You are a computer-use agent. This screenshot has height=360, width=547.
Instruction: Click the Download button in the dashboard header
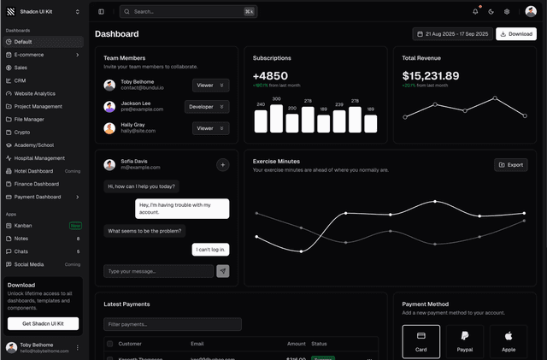tap(516, 34)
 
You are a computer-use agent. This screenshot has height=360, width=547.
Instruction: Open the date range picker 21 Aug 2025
tap(452, 34)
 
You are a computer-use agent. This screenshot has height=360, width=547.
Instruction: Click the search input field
tap(188, 12)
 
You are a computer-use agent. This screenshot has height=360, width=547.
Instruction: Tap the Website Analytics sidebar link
tap(35, 93)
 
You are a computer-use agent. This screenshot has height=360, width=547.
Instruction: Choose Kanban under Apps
tap(23, 226)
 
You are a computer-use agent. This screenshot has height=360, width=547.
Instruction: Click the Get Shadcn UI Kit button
tap(43, 323)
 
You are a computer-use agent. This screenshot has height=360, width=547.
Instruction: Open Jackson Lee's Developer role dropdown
tap(207, 107)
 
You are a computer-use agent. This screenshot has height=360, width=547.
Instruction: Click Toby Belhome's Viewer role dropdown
tap(210, 86)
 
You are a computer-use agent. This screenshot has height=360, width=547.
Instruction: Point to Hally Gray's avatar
tap(109, 128)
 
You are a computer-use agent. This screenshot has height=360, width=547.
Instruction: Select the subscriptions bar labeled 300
tap(276, 118)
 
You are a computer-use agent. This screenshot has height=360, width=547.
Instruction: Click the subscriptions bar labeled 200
tap(292, 123)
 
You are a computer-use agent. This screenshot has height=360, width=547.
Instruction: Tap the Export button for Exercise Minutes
tap(511, 165)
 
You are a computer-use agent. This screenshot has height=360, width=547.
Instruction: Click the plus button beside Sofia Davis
tap(222, 165)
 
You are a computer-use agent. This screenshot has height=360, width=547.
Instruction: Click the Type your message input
tap(158, 271)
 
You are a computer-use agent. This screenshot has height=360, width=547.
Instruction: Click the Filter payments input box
tap(173, 324)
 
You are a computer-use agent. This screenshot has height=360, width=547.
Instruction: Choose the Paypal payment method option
tap(464, 340)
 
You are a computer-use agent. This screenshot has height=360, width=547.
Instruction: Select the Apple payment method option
tap(509, 340)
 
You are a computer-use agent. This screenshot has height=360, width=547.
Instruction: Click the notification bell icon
tap(475, 12)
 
